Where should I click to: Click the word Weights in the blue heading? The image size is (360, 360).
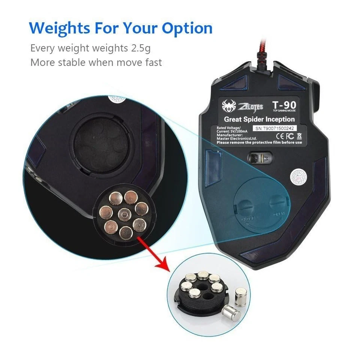[x=60, y=28]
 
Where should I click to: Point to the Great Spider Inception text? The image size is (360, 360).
[x=259, y=119]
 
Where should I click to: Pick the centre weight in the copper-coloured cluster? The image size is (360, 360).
[x=124, y=214]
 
